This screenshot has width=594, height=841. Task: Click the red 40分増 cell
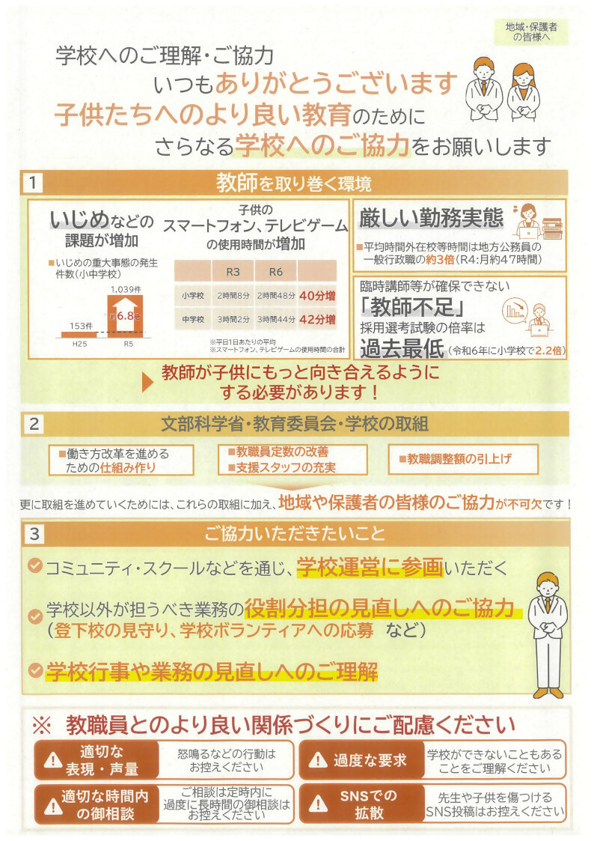pos(316,295)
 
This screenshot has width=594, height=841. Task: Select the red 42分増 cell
pos(316,320)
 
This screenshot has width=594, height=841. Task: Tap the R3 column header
pos(232,270)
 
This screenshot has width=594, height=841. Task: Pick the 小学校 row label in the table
pos(192,295)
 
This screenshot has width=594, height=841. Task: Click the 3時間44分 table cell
pos(274,320)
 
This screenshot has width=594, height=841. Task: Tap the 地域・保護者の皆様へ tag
pos(536,31)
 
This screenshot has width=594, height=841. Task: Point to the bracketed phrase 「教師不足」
pos(407,306)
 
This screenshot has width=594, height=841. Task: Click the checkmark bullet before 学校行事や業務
pos(34,670)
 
